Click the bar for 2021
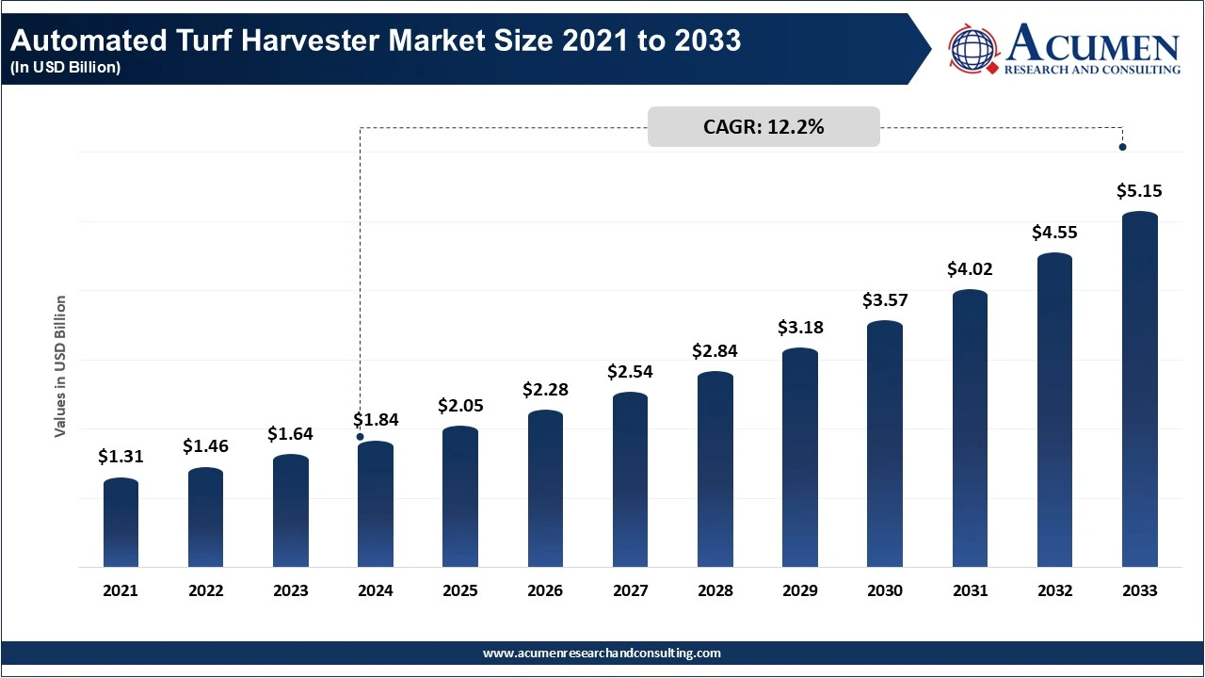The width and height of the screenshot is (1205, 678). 120,524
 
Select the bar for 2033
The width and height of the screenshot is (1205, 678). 1140,390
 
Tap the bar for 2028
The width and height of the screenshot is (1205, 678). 715,470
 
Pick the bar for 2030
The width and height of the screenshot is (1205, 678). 885,444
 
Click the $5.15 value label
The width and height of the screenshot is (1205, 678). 1139,191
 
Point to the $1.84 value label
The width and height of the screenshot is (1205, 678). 376,419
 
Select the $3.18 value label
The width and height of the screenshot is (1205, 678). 800,328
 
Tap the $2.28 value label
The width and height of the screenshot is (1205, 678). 546,389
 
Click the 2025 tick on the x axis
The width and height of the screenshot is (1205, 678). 460,591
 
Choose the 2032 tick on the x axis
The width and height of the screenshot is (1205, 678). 1054,591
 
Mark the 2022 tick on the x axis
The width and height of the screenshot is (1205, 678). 205,591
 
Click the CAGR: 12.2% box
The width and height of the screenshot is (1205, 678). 763,127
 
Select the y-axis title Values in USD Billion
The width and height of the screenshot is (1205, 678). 60,366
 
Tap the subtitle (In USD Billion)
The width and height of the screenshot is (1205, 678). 66,68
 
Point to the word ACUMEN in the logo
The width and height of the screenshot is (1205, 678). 1092,44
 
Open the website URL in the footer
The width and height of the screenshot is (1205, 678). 602,653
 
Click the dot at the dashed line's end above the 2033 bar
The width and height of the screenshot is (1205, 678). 1122,147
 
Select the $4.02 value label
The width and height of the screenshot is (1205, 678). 970,269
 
